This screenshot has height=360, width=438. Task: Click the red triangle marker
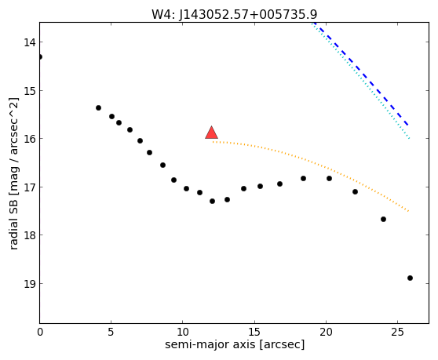point(211,133)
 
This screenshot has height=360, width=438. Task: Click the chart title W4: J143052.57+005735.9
point(235,15)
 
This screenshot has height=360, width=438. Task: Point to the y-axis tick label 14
point(30,42)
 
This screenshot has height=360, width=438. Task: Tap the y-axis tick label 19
point(30,284)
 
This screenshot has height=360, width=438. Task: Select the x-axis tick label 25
point(397,332)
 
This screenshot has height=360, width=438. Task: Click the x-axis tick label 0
point(40,332)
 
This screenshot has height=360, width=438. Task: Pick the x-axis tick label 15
point(254,332)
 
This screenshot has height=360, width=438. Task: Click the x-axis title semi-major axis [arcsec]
point(235,344)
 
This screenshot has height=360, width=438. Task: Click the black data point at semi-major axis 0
point(40,57)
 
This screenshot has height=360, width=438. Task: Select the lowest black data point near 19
point(410,278)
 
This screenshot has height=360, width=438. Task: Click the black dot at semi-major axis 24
point(383,220)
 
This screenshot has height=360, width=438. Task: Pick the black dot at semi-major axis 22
point(355,191)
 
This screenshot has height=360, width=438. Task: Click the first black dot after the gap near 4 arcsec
point(98,107)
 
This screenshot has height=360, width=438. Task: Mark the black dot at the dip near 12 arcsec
point(212,201)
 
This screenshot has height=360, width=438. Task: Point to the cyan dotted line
point(360,80)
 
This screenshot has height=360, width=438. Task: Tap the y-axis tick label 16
point(30,139)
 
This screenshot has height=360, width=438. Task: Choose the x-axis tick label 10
point(182,332)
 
